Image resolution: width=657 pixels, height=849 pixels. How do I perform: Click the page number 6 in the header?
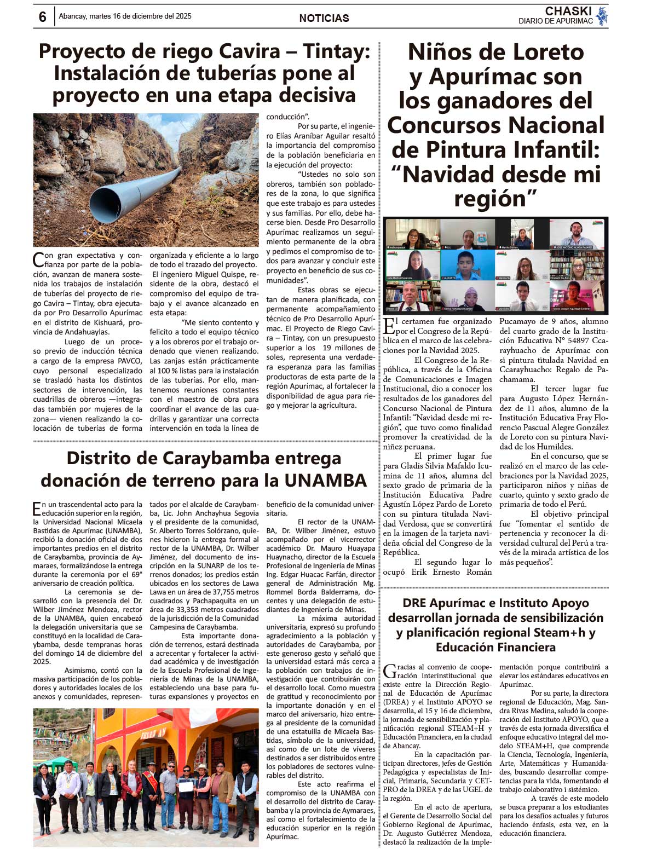click(x=43, y=17)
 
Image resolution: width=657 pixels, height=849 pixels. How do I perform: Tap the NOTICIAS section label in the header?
click(x=324, y=18)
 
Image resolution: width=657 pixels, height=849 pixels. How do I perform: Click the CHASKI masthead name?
click(x=568, y=11)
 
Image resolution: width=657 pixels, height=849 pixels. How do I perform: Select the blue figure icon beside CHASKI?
click(x=602, y=16)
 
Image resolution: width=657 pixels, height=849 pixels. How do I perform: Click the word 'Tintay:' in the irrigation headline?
click(x=337, y=51)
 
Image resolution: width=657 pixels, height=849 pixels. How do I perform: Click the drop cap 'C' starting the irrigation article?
click(x=38, y=258)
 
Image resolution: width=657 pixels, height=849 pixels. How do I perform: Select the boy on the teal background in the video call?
click(x=467, y=264)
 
